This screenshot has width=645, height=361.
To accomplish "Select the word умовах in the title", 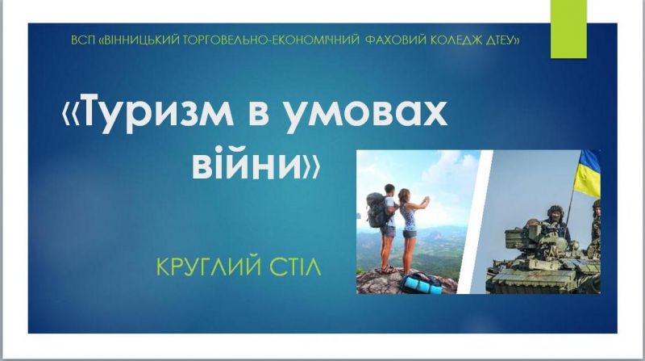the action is tap(366, 113).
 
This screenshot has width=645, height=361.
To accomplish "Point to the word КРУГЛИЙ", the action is tap(209, 267).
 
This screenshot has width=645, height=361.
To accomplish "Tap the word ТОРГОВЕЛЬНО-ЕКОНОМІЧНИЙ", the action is tap(272, 40).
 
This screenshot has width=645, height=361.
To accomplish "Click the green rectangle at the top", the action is tap(568, 29).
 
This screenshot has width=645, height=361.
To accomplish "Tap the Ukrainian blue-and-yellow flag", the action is tap(587, 173).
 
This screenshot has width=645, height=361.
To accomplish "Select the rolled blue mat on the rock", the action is tap(423, 285).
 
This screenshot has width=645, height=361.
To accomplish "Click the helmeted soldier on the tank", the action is tap(556, 224).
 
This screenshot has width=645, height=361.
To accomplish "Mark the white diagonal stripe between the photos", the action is tap(475, 222).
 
